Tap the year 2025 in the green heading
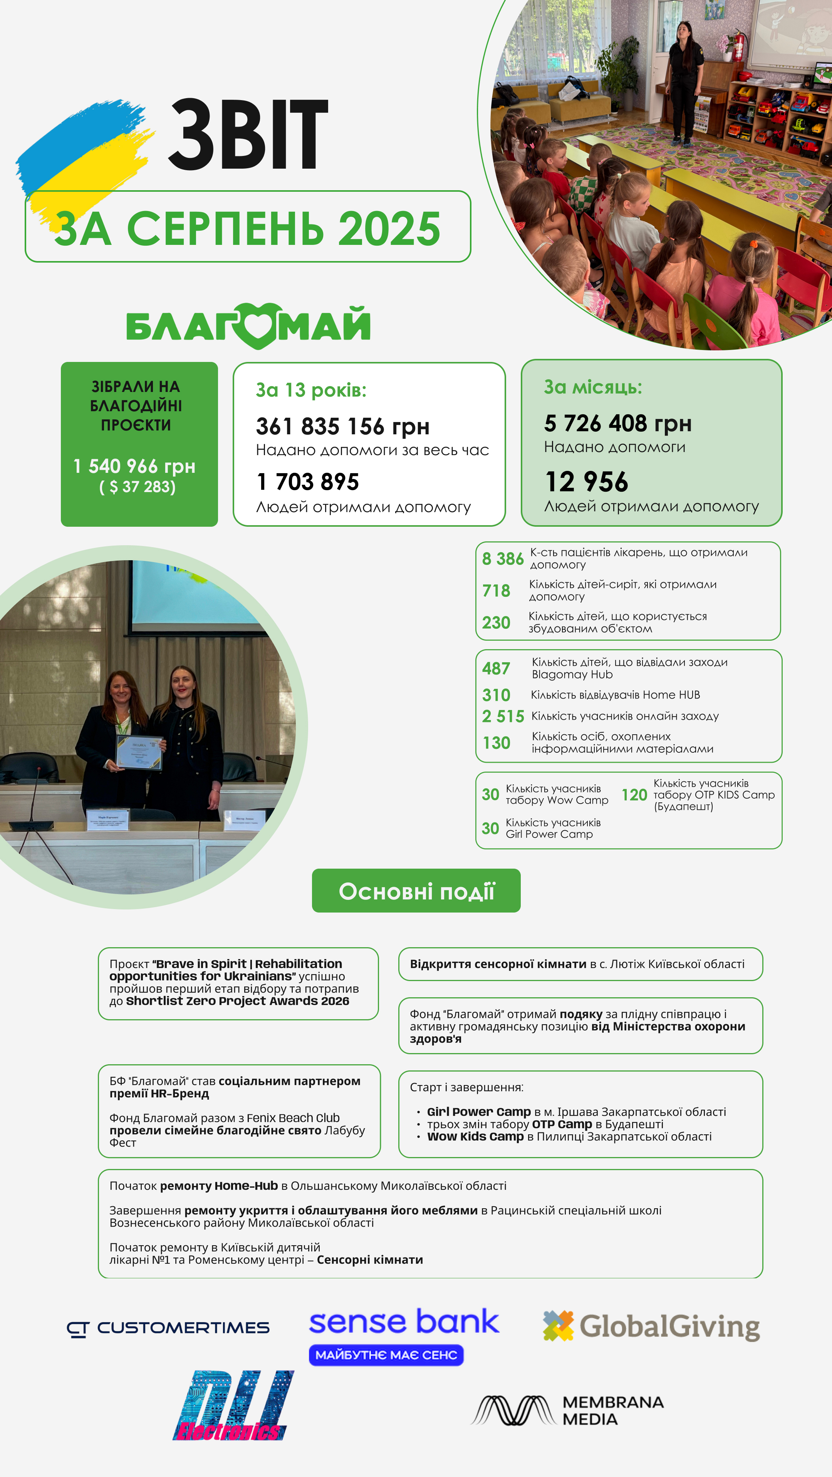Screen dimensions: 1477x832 click(389, 228)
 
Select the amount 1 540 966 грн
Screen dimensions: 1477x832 click(134, 466)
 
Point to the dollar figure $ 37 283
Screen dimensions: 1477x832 click(138, 487)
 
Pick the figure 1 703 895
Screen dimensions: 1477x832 click(307, 482)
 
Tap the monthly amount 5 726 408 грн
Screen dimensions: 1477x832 click(617, 423)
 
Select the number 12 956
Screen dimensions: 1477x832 click(586, 482)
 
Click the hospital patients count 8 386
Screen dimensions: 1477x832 click(502, 558)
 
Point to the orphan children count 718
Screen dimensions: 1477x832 click(496, 591)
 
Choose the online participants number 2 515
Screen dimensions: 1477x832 click(503, 716)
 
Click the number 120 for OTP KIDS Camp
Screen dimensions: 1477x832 click(634, 795)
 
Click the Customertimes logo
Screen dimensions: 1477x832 click(168, 1328)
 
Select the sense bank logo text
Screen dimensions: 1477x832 click(404, 1321)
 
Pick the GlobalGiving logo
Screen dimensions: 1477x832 click(651, 1326)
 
